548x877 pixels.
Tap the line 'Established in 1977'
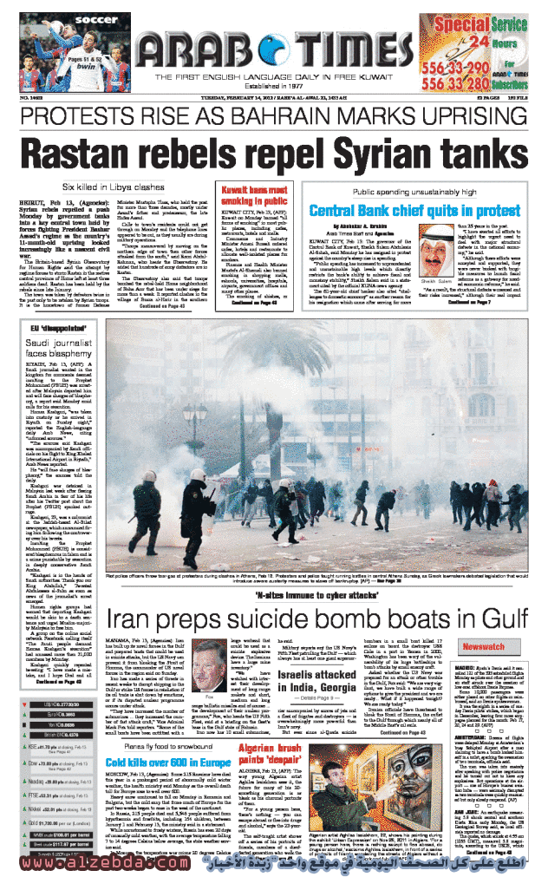275,86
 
